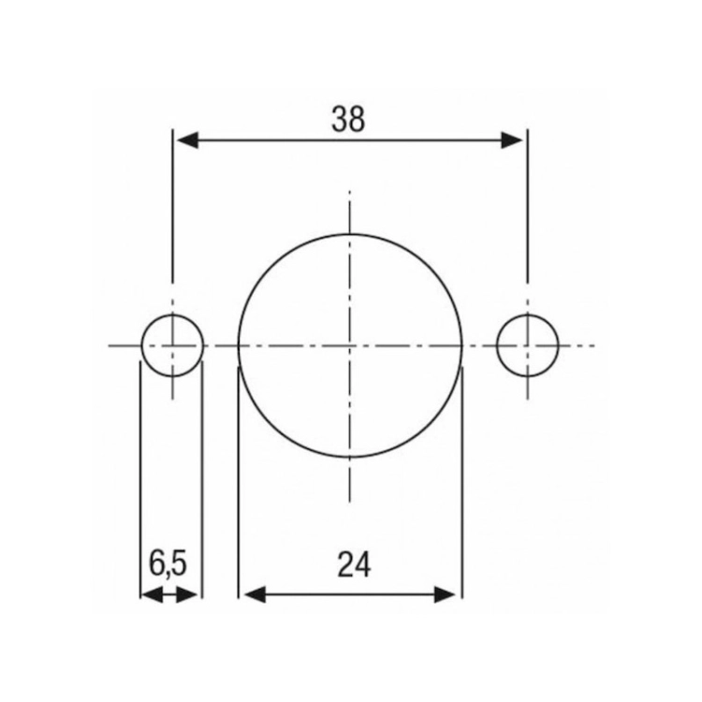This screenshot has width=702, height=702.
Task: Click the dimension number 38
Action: click(x=348, y=120)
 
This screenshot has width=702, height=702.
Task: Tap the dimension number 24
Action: click(x=354, y=564)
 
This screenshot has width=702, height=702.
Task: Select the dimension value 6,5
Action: click(x=168, y=563)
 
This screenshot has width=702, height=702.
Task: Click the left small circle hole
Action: click(x=142, y=345)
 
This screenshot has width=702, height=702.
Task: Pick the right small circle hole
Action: click(x=497, y=345)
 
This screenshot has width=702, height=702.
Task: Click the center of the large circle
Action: click(x=350, y=345)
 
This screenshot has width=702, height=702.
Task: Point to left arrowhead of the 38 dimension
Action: click(x=187, y=140)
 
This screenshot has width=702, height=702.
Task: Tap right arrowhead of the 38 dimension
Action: click(x=512, y=140)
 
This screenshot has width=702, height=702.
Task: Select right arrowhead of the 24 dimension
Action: click(x=445, y=595)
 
